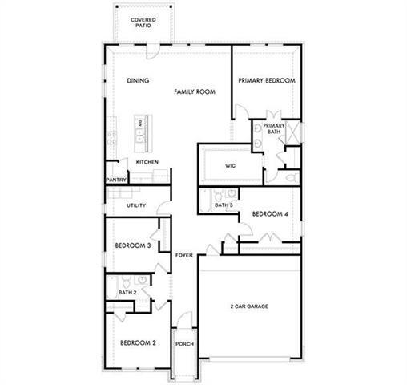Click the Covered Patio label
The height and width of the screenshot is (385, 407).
pyautogui.click(x=143, y=22)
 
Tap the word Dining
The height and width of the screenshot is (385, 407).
pyautogui.click(x=139, y=81)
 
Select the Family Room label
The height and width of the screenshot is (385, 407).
pyautogui.click(x=195, y=92)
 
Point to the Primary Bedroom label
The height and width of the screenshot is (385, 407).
pyautogui.click(x=267, y=81)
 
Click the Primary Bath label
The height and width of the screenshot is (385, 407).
pyautogui.click(x=274, y=128)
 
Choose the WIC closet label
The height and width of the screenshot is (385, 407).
pyautogui.click(x=230, y=166)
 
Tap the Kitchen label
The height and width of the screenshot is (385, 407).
pyautogui.click(x=147, y=162)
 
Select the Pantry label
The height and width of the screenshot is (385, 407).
pyautogui.click(x=116, y=180)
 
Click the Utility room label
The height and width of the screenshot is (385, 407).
pyautogui.click(x=136, y=205)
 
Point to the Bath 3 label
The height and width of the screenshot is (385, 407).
pyautogui.click(x=224, y=205)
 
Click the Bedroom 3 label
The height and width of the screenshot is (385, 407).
pyautogui.click(x=133, y=245)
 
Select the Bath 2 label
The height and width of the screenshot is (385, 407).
pyautogui.click(x=127, y=293)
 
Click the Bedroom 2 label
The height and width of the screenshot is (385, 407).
pyautogui.click(x=138, y=343)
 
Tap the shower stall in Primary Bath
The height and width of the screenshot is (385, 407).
pyautogui.click(x=291, y=133)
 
